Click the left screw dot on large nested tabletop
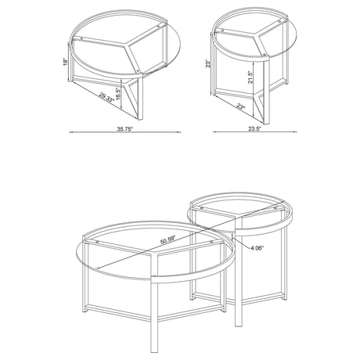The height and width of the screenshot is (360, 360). point(95,243)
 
